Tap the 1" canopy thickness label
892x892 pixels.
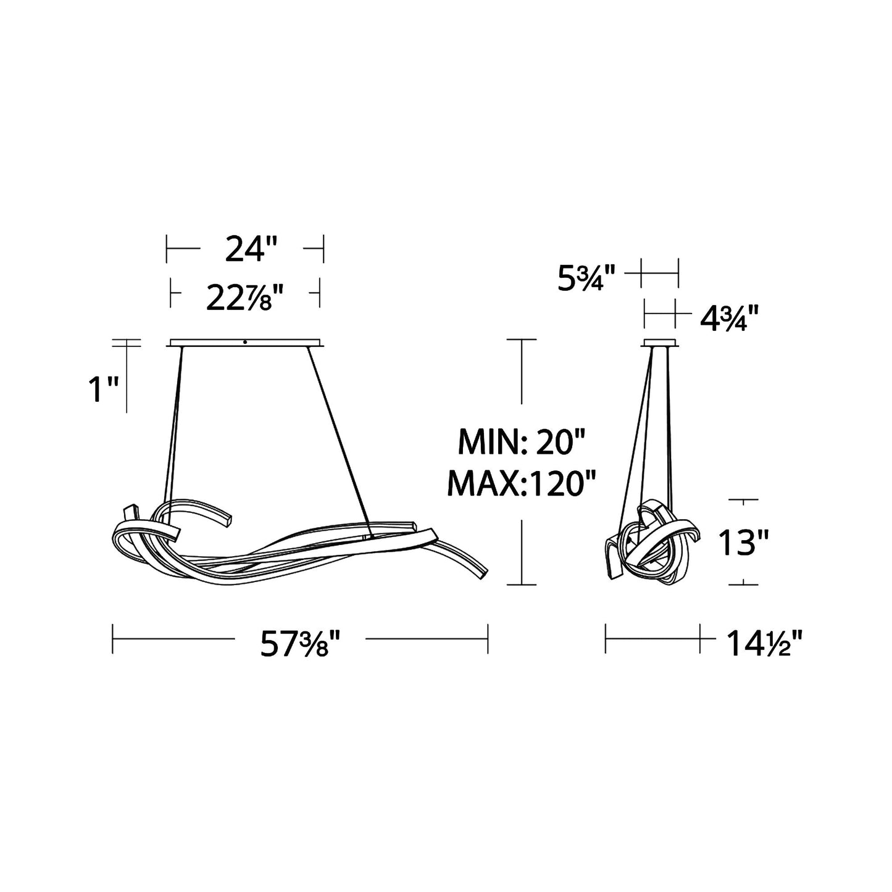coord(103,389)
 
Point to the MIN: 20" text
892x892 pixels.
coord(522,442)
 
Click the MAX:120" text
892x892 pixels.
coord(520,483)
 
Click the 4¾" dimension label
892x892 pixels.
coord(729,318)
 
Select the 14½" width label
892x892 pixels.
coord(764,643)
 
